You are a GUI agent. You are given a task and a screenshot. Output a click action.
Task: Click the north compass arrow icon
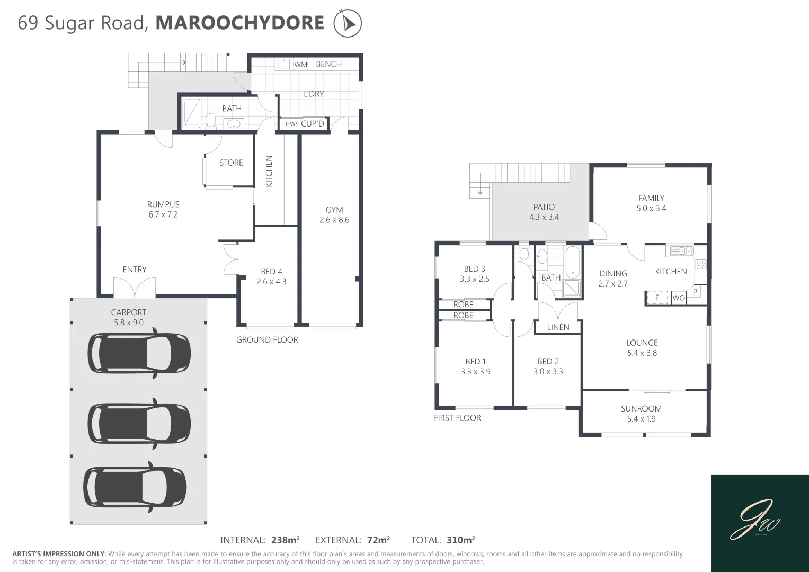coord(348,24)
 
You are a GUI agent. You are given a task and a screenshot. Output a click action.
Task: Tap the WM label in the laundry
coord(301,65)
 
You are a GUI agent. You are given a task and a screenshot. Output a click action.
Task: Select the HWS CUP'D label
coord(305,124)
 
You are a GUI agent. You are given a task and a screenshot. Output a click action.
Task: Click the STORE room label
coord(231,163)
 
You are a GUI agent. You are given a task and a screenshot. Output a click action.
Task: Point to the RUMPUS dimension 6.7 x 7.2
coord(163,215)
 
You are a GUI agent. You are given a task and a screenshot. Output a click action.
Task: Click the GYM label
coord(334,210)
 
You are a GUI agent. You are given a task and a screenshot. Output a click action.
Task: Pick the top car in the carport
coord(139,353)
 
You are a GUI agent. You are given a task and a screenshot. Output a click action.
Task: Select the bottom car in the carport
coord(135,487)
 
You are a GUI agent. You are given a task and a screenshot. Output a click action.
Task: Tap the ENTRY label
coord(135,270)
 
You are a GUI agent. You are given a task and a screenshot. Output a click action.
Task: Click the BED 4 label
coord(271,272)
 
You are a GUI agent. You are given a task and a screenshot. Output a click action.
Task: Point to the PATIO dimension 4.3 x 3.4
coord(544,217)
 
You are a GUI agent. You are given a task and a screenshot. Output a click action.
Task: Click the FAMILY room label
coord(651,198)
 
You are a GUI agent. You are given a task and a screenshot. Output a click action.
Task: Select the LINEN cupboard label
coord(558,327)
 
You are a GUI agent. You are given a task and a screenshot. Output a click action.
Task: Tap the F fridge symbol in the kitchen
coord(657,298)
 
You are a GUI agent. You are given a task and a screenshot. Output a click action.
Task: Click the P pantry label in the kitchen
coord(695,292)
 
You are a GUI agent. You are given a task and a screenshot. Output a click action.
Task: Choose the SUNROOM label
coord(641,409)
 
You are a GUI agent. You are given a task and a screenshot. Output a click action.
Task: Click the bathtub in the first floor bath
coord(573,262)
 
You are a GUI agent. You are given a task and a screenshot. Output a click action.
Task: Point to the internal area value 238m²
coord(286,540)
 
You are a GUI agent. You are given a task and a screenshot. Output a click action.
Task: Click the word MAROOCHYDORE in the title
coord(239,23)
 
